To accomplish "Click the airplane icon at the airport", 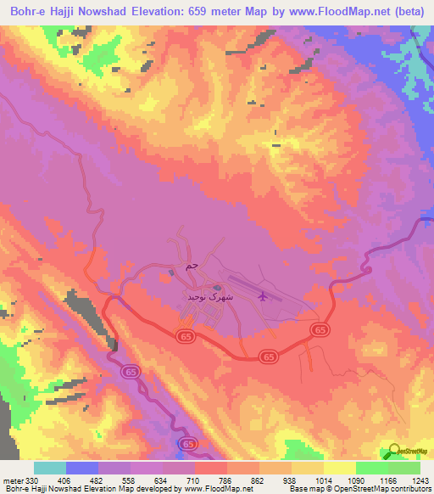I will [263, 296].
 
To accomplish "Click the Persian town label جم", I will [192, 267].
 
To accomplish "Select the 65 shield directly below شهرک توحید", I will [186, 337].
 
